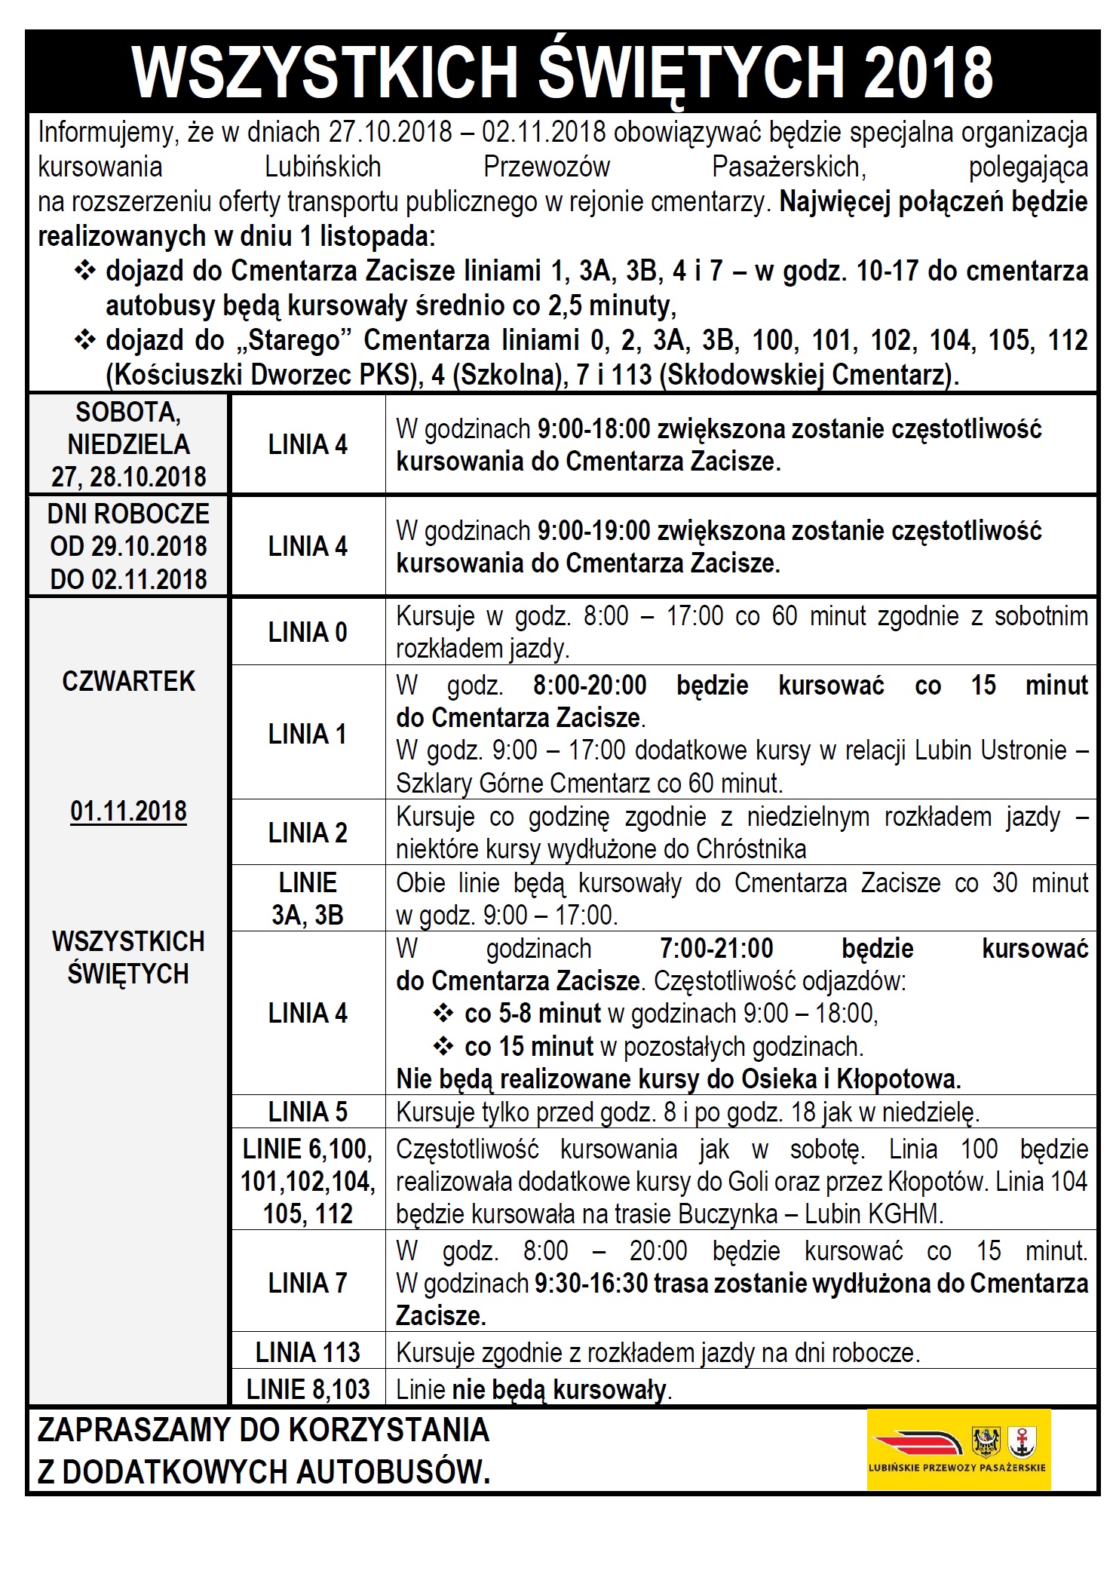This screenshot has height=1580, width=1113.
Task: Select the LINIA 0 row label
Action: [x=308, y=632]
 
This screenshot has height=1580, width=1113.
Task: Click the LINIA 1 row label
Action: [x=308, y=733]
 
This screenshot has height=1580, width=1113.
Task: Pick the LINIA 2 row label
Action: [x=308, y=833]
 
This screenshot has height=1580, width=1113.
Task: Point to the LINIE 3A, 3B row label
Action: [x=308, y=898]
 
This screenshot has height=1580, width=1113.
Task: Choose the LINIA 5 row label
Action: [x=308, y=1112]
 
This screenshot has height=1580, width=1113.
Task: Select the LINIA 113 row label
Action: [x=308, y=1352]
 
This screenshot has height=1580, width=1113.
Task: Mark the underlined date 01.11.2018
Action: [x=128, y=811]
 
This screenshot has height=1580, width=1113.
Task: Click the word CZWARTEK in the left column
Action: [x=128, y=681]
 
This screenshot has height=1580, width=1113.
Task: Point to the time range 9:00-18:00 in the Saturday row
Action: [x=593, y=429]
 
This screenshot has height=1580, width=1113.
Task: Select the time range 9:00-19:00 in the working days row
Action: [x=593, y=531]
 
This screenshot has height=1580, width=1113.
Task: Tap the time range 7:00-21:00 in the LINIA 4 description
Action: [x=716, y=948]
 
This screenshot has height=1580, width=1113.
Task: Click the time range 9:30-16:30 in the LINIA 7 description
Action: [x=592, y=1283]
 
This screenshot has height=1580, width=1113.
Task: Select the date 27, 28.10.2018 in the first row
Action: [x=128, y=477]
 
